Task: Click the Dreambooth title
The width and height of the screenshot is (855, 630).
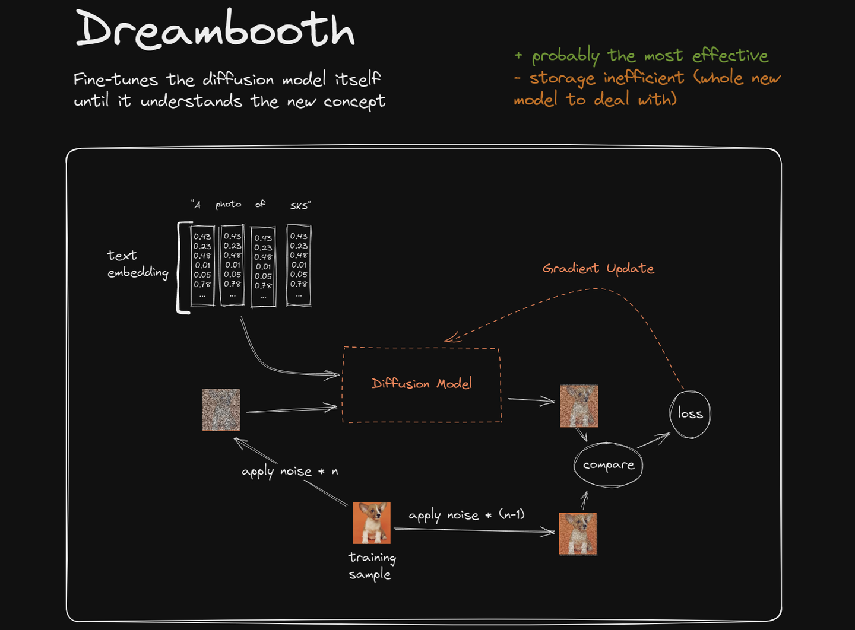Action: [215, 30]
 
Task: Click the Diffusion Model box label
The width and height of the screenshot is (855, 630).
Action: [422, 384]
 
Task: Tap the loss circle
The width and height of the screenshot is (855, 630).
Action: [690, 414]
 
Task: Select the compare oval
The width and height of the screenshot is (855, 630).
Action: [608, 465]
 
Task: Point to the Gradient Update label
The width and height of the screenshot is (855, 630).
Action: [598, 269]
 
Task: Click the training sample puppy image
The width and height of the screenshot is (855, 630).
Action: [372, 523]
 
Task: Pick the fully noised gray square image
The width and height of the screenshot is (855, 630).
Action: [221, 409]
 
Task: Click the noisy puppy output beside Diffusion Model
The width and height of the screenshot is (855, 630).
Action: [579, 406]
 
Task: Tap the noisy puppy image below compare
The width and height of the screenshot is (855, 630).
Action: [578, 534]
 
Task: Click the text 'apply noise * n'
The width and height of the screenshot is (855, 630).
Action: [289, 472]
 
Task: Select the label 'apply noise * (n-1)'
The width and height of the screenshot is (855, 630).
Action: [466, 515]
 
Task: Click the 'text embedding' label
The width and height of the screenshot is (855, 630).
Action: [137, 264]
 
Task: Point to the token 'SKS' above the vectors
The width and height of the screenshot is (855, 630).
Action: [300, 206]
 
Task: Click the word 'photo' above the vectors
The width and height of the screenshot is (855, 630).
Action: [228, 205]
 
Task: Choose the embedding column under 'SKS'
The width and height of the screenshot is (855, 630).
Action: [299, 265]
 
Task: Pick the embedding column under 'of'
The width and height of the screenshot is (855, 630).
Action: [263, 266]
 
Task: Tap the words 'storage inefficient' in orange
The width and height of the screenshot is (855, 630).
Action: [606, 78]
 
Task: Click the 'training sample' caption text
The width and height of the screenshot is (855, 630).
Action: [372, 566]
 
